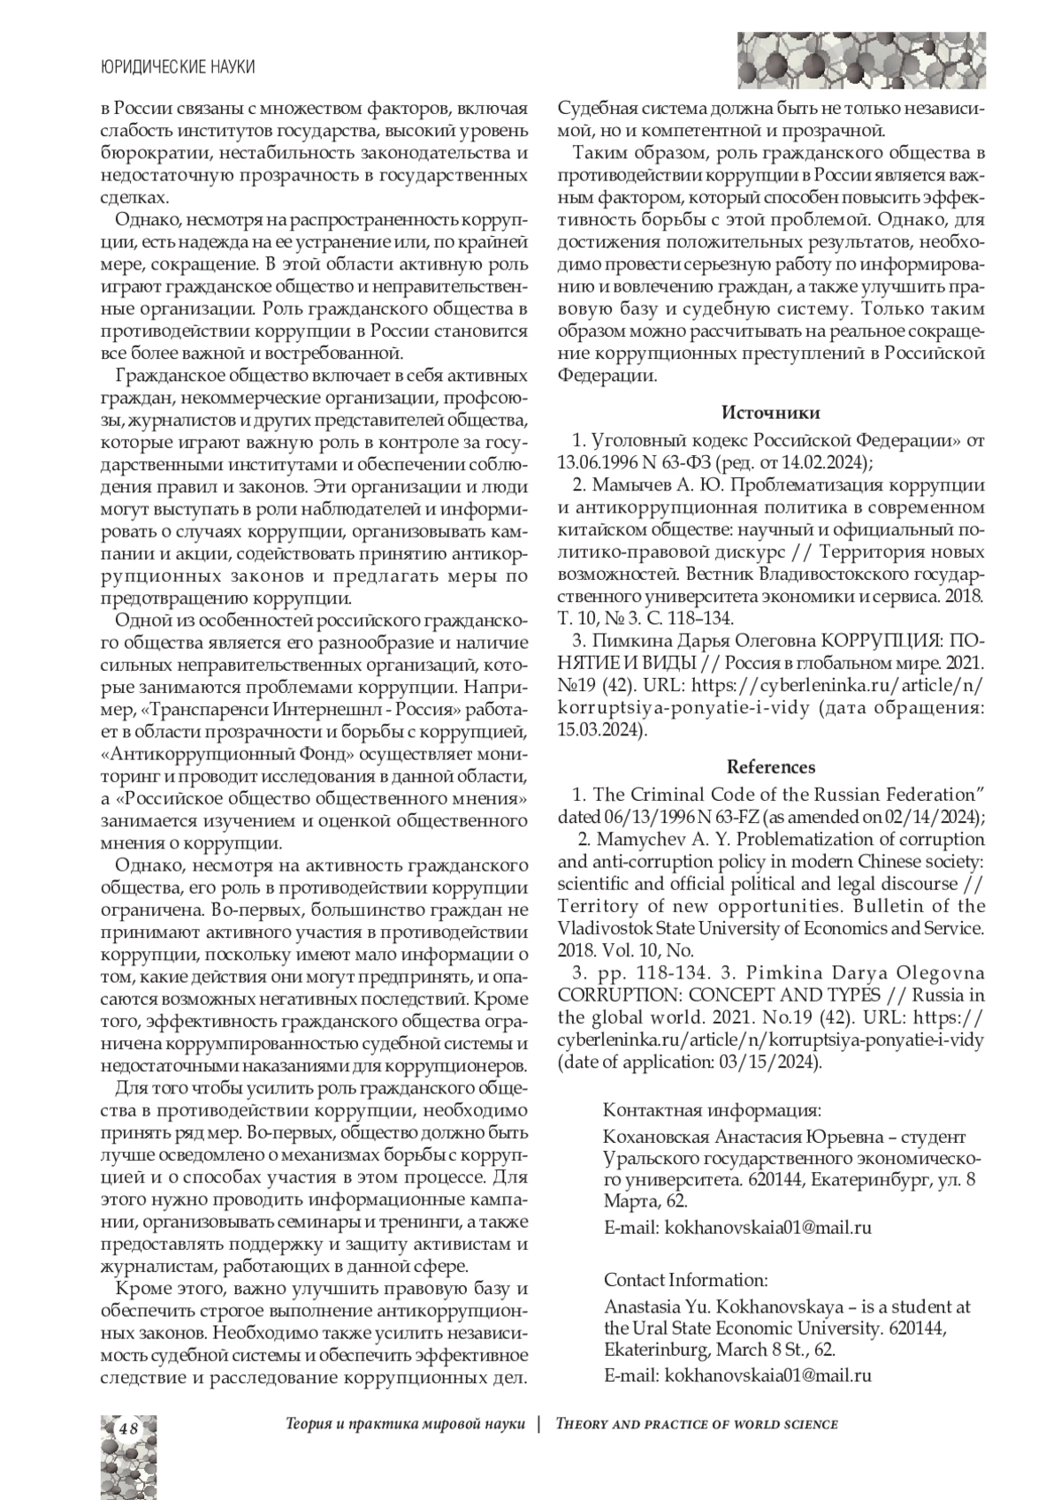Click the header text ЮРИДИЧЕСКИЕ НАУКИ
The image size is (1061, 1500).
click(178, 67)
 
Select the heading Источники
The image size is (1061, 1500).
click(770, 413)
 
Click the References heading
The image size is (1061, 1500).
click(770, 766)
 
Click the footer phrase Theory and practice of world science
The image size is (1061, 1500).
click(697, 1424)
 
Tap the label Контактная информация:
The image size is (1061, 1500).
click(712, 1110)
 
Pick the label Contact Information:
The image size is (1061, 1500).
click(685, 1279)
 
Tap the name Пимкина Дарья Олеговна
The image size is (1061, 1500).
click(703, 639)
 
